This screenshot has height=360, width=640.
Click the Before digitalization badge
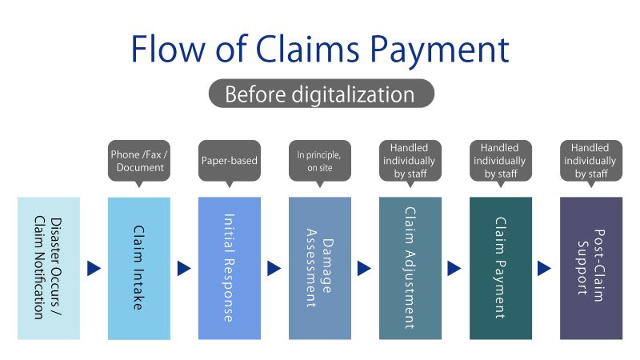click(x=320, y=94)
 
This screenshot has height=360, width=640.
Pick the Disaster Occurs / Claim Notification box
click(x=49, y=268)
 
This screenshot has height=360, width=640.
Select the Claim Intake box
click(x=139, y=268)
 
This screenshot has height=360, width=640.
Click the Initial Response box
click(x=230, y=268)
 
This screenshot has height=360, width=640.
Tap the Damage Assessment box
click(x=320, y=268)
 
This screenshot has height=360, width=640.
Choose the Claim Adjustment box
click(x=410, y=268)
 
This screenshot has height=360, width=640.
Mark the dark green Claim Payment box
click(x=501, y=268)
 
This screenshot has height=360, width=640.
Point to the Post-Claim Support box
click(x=591, y=268)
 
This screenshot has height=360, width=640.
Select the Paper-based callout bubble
click(x=229, y=161)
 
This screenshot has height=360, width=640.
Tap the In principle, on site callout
click(x=319, y=161)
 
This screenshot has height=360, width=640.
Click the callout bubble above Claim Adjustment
click(x=410, y=161)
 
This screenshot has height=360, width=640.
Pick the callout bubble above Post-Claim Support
click(x=590, y=161)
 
